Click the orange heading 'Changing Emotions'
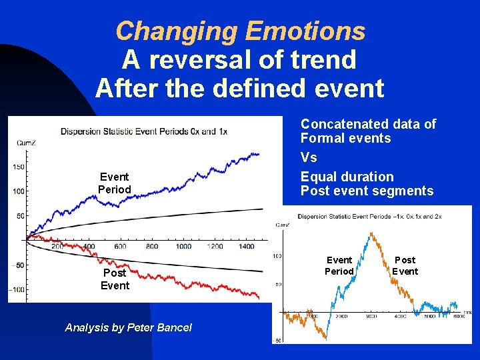[240, 31]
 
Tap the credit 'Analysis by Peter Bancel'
[128, 327]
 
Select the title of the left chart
[143, 131]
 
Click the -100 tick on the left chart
[16, 289]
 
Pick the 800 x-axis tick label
[152, 247]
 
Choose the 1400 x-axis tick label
[246, 247]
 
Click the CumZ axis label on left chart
[23, 142]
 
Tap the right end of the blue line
[259, 155]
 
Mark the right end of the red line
[259, 296]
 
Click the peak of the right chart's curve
[370, 234]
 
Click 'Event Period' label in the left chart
[115, 183]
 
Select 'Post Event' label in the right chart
[405, 265]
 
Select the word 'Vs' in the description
[309, 157]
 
